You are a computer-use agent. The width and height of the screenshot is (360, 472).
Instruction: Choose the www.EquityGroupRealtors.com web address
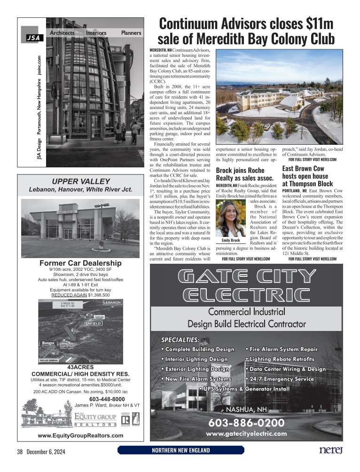point(80,435)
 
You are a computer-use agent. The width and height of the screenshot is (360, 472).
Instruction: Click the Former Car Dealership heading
point(80,263)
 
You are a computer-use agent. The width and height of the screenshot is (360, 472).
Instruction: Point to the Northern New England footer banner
point(181,450)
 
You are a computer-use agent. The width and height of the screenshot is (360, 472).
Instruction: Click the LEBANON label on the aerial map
point(113,302)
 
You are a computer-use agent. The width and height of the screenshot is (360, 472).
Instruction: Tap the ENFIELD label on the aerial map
point(93,323)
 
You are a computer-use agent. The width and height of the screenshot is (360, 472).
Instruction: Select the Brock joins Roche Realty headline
point(244,174)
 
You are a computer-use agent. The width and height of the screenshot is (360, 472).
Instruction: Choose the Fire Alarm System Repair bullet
point(282,349)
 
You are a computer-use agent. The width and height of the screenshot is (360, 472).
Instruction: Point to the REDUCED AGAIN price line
point(80,295)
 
